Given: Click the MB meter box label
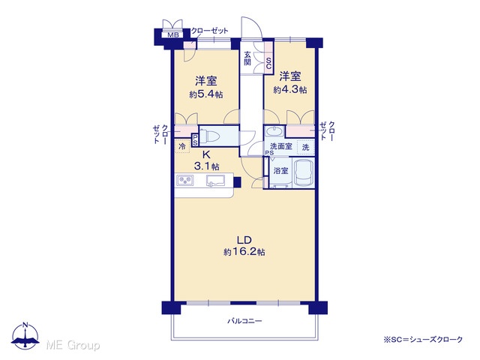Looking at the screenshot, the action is (173, 35).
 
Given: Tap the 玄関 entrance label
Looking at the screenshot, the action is (247, 58).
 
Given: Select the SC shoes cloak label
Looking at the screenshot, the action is (268, 63).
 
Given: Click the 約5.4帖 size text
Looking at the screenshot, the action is (206, 94).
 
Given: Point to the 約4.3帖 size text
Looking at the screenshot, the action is (290, 90).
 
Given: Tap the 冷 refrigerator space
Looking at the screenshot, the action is (182, 146).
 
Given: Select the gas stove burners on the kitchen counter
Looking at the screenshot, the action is (185, 180).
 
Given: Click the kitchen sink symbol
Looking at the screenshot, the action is (215, 180).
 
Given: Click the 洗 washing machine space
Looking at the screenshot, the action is (306, 147).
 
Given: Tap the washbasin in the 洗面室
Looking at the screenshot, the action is (275, 132).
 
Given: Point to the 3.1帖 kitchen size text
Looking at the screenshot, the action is (206, 166).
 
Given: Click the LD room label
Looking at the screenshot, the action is (244, 239).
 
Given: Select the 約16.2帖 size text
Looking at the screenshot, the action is (244, 252).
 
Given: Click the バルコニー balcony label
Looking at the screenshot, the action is (244, 321).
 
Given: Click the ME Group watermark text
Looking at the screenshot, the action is (73, 346).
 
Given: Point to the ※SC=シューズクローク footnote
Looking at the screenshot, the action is (423, 340).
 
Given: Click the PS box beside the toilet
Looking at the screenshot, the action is (195, 140).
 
